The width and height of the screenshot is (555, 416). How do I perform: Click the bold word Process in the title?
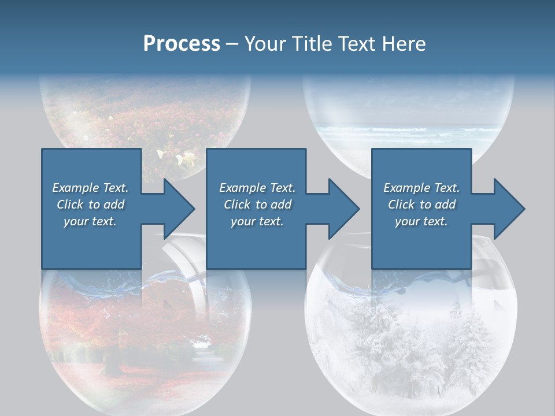click(x=182, y=44)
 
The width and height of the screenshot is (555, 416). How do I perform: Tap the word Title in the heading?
click(x=312, y=44)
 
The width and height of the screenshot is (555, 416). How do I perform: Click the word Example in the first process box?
click(x=76, y=188)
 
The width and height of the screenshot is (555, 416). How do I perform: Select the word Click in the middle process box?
click(x=236, y=205)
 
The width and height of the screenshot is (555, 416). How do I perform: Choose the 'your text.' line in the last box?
click(x=421, y=221)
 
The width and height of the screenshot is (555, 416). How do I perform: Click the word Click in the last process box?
click(x=401, y=205)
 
